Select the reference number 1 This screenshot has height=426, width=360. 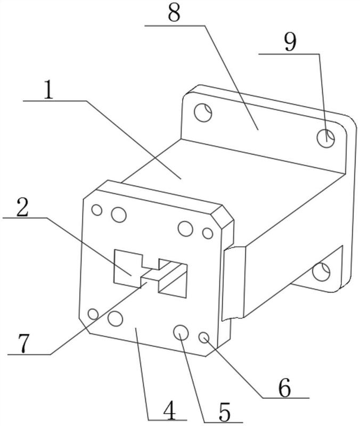click(x=48, y=91)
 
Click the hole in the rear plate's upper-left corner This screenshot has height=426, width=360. click(x=203, y=112)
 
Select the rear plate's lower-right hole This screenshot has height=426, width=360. click(x=321, y=272)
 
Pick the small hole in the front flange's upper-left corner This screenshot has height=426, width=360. click(x=96, y=210)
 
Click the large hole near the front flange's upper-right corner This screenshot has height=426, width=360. click(x=185, y=228)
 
